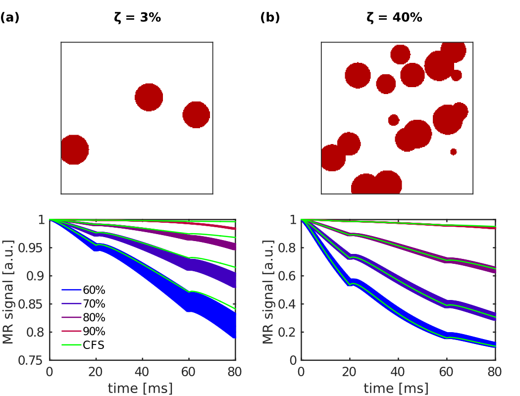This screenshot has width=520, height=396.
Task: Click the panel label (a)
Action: pyautogui.click(x=9, y=18)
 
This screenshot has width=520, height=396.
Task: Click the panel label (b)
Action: pyautogui.click(x=270, y=18)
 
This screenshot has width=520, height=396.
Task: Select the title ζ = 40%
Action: pyautogui.click(x=394, y=18)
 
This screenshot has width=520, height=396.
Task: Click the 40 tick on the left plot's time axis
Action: pyautogui.click(x=143, y=372)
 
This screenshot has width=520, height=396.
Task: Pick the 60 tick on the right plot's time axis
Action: pyautogui.click(x=446, y=372)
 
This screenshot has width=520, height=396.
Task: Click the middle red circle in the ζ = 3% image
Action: pyautogui.click(x=149, y=97)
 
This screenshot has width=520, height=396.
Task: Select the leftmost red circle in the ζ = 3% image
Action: pyautogui.click(x=74, y=149)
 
